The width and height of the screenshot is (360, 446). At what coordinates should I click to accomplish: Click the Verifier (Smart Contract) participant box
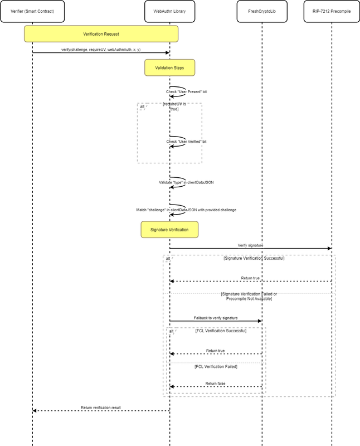(x=32, y=11)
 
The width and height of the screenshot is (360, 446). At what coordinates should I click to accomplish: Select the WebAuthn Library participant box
(x=169, y=11)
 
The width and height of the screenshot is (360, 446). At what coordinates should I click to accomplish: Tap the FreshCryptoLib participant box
(x=261, y=11)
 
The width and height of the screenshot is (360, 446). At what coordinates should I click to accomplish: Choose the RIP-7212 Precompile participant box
(x=331, y=11)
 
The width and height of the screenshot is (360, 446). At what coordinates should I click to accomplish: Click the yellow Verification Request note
(x=101, y=35)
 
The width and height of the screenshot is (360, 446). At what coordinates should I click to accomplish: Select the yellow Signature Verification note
(x=169, y=230)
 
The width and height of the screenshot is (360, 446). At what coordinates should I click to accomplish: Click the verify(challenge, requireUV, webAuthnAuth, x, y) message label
(x=101, y=49)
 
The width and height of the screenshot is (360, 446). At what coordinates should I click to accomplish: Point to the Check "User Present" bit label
(x=186, y=91)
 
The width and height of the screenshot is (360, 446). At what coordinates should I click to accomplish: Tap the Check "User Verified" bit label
(x=186, y=142)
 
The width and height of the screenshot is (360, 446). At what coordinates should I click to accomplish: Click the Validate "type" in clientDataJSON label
(x=186, y=182)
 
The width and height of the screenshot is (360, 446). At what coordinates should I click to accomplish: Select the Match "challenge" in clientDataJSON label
(x=186, y=210)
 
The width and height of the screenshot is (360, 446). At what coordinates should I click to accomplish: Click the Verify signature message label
(x=250, y=245)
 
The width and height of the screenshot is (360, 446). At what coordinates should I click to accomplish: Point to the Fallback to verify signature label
(x=216, y=317)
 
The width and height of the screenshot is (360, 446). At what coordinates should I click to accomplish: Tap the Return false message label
(x=216, y=383)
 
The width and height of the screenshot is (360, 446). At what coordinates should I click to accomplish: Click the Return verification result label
(x=101, y=408)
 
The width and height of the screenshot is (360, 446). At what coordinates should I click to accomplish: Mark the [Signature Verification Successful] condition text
(x=254, y=259)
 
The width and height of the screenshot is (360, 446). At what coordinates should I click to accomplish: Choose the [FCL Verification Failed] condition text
(x=216, y=366)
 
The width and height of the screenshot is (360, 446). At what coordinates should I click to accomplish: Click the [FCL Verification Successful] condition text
(x=221, y=331)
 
